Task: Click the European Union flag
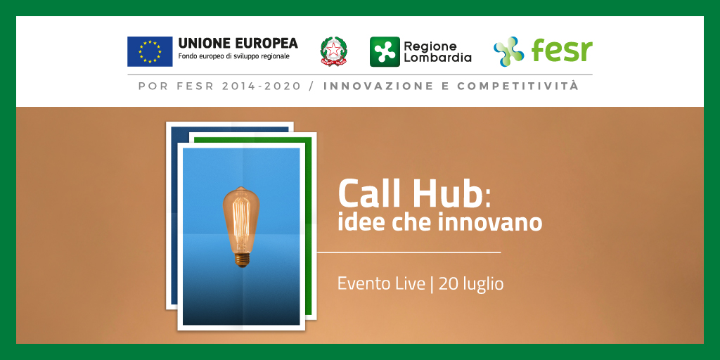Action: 150,51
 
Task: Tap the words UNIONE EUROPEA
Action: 238,44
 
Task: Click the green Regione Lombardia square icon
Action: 385,51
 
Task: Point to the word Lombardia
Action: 437,58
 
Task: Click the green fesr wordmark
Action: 562,51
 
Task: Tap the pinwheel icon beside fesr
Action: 508,51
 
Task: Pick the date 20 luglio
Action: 471,284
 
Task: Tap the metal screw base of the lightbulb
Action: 241,259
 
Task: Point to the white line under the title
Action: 408,252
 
